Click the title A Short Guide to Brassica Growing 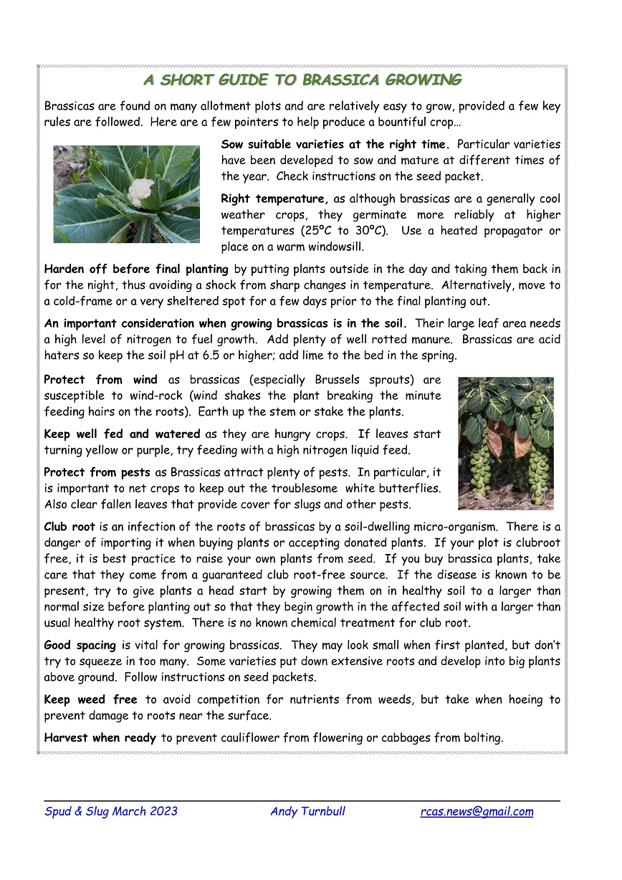302,80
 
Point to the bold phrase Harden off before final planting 136,269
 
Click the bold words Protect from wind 105,380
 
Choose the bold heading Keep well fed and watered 122,434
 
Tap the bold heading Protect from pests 97,473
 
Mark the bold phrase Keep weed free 90,700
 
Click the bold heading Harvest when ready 100,737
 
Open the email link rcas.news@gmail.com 477,812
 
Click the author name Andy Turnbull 307,812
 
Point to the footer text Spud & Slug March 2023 111,812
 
